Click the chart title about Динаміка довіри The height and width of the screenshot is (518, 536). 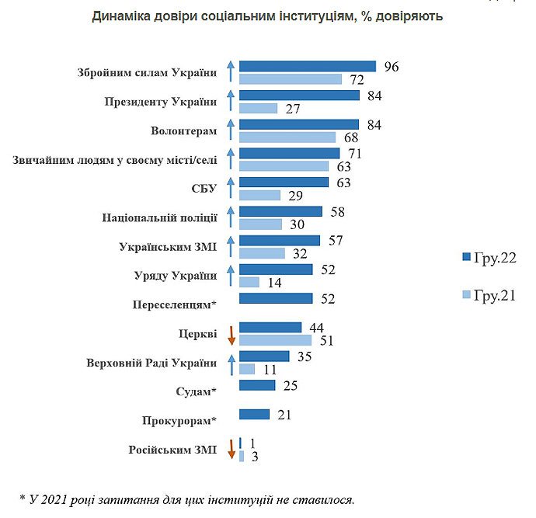(267, 16)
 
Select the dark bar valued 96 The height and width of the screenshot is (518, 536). (308, 67)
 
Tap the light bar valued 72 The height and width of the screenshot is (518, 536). (291, 79)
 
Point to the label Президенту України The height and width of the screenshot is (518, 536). (161, 102)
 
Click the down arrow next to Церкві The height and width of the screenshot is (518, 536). (231, 334)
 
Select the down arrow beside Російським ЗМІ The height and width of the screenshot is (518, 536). (231, 450)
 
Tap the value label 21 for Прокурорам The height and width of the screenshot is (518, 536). (284, 415)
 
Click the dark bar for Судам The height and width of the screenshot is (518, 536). (257, 385)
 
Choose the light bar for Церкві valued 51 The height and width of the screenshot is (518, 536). (275, 340)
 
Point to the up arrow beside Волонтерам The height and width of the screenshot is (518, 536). (231, 130)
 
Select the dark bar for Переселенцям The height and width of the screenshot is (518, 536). (276, 298)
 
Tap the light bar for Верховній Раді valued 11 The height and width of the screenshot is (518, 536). (247, 369)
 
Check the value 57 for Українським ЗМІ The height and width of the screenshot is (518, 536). (335, 240)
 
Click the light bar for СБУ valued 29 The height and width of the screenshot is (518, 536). (260, 195)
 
